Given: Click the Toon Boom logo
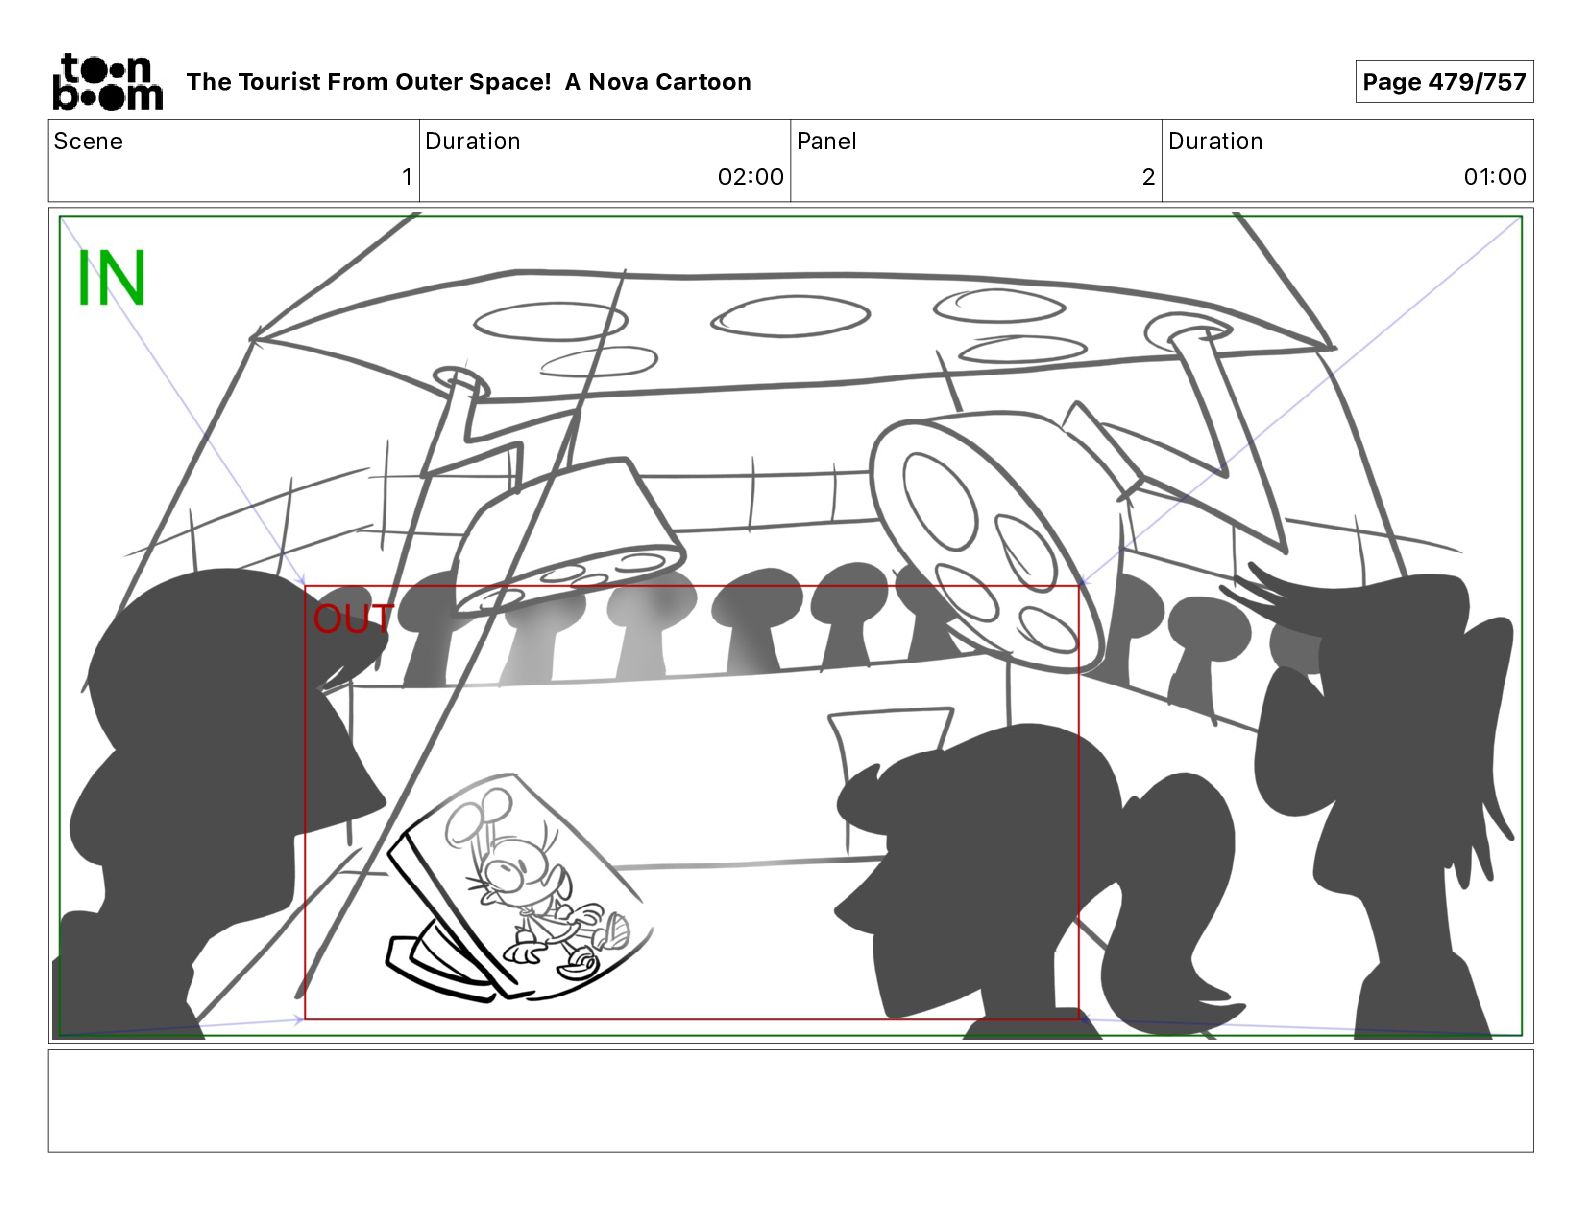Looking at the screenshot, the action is (x=108, y=82).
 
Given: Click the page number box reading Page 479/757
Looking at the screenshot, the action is (x=1444, y=82).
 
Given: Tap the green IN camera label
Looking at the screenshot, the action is (x=112, y=278).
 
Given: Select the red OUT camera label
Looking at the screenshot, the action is (x=353, y=618).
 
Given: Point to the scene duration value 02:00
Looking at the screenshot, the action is (x=750, y=176).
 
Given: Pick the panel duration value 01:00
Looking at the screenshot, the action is (x=1494, y=176).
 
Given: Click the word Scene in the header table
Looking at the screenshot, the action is (x=88, y=141).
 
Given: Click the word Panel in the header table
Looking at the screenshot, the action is (x=827, y=141).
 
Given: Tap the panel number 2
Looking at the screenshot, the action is (x=1148, y=176).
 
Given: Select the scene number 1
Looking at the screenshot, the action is (x=407, y=176).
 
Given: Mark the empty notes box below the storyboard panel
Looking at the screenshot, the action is (x=791, y=1101).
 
